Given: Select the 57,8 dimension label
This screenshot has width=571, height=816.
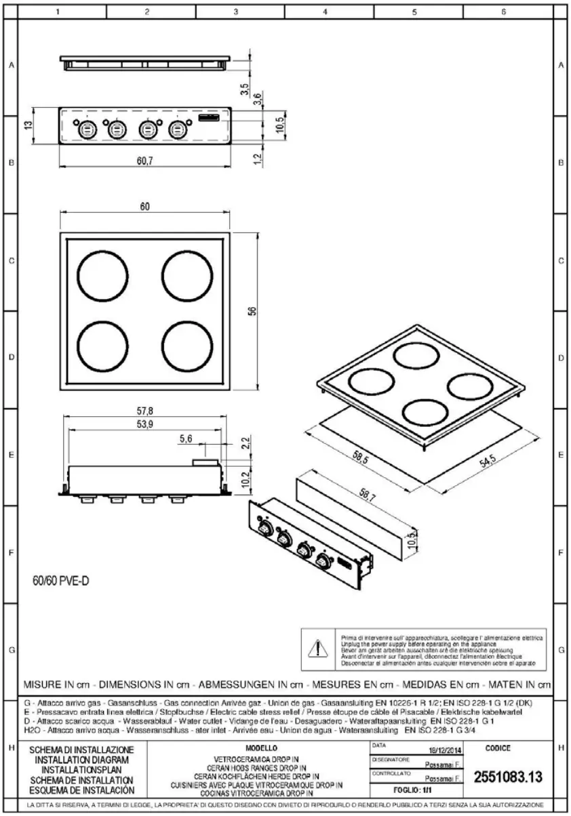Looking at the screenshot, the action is point(144,411).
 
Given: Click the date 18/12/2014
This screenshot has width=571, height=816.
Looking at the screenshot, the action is point(446,750).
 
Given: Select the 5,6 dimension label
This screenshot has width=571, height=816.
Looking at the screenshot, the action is point(186,440).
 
